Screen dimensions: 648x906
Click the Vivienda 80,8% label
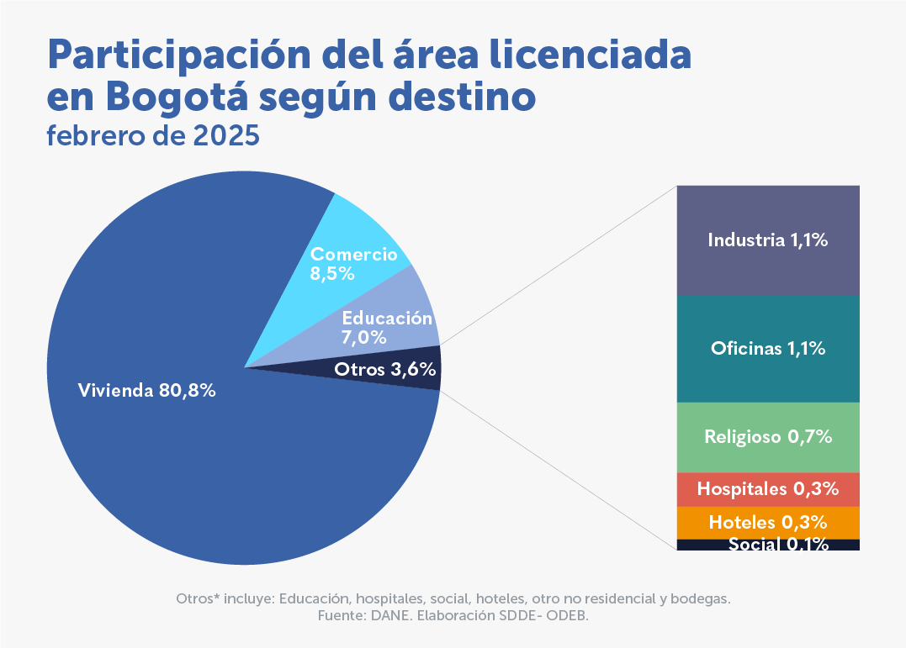click(147, 391)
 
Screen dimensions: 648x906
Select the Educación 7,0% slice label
click(386, 328)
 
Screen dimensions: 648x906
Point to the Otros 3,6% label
click(384, 369)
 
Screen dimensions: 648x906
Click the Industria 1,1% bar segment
click(768, 240)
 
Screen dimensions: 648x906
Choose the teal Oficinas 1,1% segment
click(768, 348)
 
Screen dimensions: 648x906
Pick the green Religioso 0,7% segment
click(768, 437)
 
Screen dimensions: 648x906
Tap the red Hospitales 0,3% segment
click(768, 488)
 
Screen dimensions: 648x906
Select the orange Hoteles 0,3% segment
click(768, 522)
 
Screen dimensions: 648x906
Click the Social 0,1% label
click(778, 544)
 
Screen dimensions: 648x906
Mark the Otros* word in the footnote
click(199, 599)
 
